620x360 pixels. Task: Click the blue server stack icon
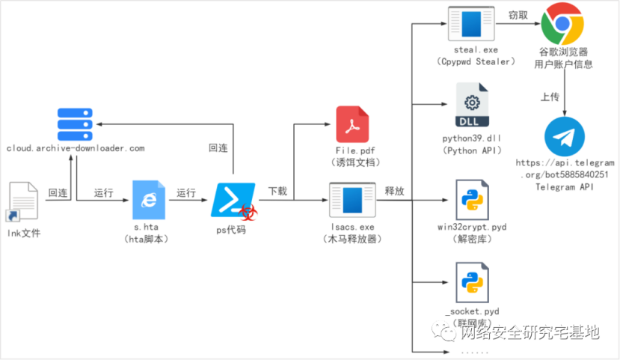(75, 122)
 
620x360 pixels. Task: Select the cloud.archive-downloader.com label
(75, 148)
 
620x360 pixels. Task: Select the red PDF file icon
(352, 125)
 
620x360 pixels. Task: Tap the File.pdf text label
(352, 152)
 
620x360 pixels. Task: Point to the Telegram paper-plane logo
(565, 136)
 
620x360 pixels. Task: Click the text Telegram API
(565, 186)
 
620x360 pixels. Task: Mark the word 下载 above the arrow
(277, 191)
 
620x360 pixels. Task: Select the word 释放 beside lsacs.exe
(394, 191)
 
